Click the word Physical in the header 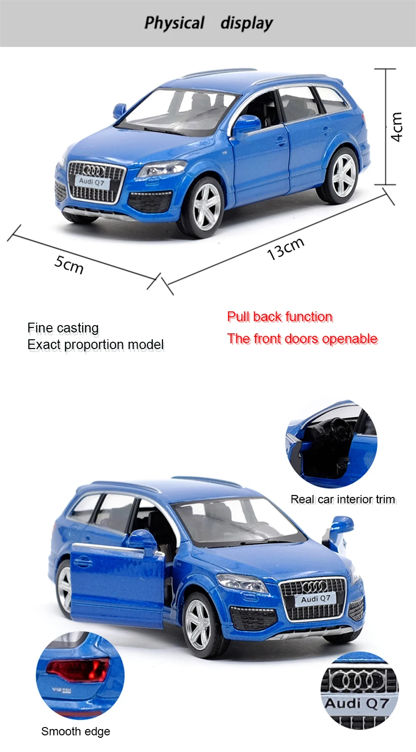[x=174, y=23]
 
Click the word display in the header [x=247, y=23]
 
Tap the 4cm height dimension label [x=396, y=127]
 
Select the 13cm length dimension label [x=286, y=248]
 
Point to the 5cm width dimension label [x=69, y=264]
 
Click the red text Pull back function [x=280, y=317]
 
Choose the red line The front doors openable [x=302, y=339]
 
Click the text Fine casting [x=63, y=328]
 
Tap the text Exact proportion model [x=95, y=345]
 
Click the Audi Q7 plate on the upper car [x=92, y=182]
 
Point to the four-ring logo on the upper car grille [x=94, y=171]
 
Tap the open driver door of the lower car [x=117, y=584]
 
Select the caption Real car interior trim [x=343, y=499]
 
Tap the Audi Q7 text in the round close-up [x=357, y=704]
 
